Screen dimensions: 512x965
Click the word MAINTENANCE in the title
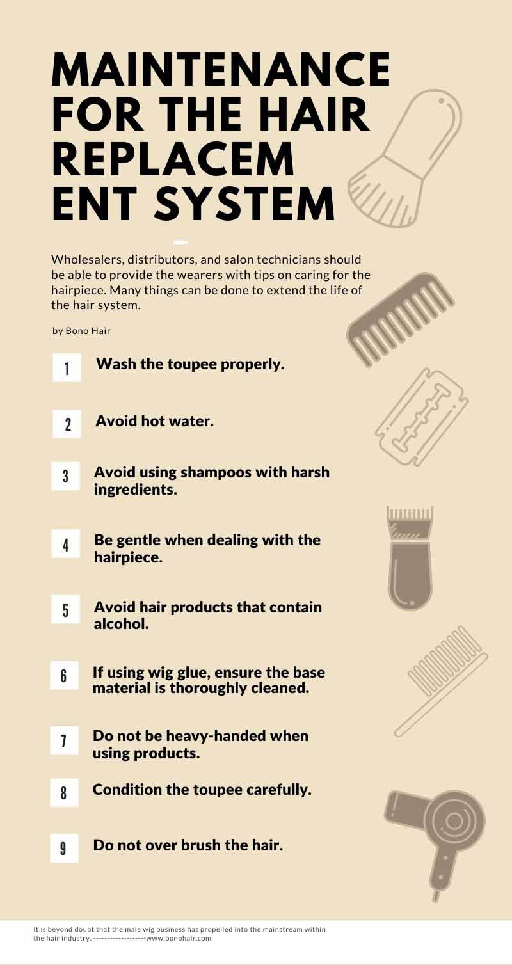(221, 69)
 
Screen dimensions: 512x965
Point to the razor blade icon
(422, 417)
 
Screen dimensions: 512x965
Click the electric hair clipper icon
(410, 558)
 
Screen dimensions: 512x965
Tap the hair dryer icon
(435, 845)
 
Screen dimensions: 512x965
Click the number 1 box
(67, 368)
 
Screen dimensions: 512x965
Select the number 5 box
(65, 609)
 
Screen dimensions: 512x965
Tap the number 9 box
(64, 848)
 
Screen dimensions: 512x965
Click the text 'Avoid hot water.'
(155, 421)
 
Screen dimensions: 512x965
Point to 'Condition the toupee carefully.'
(202, 789)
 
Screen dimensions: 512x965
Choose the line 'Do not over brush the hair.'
(188, 845)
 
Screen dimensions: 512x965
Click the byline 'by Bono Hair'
(81, 331)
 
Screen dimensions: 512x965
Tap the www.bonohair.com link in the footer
(179, 938)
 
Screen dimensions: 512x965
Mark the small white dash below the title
(180, 243)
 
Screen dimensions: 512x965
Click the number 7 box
(64, 740)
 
